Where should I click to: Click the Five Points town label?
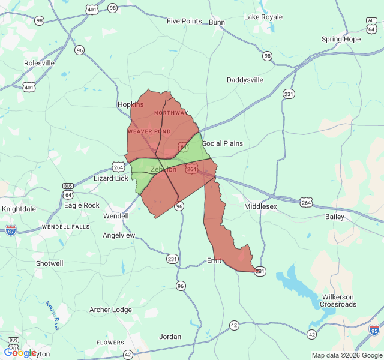click(x=184, y=21)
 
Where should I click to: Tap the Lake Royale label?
click(x=263, y=17)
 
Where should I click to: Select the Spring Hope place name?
click(x=341, y=40)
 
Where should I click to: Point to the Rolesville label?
click(x=39, y=63)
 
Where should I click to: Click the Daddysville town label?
click(x=245, y=80)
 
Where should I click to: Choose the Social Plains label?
click(x=223, y=143)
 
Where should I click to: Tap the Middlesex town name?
click(x=260, y=206)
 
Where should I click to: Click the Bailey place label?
click(x=335, y=216)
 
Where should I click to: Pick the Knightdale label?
click(x=19, y=209)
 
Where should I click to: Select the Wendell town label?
click(x=116, y=216)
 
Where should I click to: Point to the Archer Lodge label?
click(x=110, y=310)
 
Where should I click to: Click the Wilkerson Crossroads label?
click(x=338, y=301)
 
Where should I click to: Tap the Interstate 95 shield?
click(x=374, y=329)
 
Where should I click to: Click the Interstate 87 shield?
click(x=11, y=230)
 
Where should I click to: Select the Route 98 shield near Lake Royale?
click(x=267, y=56)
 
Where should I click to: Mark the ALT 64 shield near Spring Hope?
click(x=371, y=24)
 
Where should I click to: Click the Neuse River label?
click(x=52, y=316)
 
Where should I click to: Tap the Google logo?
click(x=20, y=353)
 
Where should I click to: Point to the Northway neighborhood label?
click(x=171, y=113)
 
